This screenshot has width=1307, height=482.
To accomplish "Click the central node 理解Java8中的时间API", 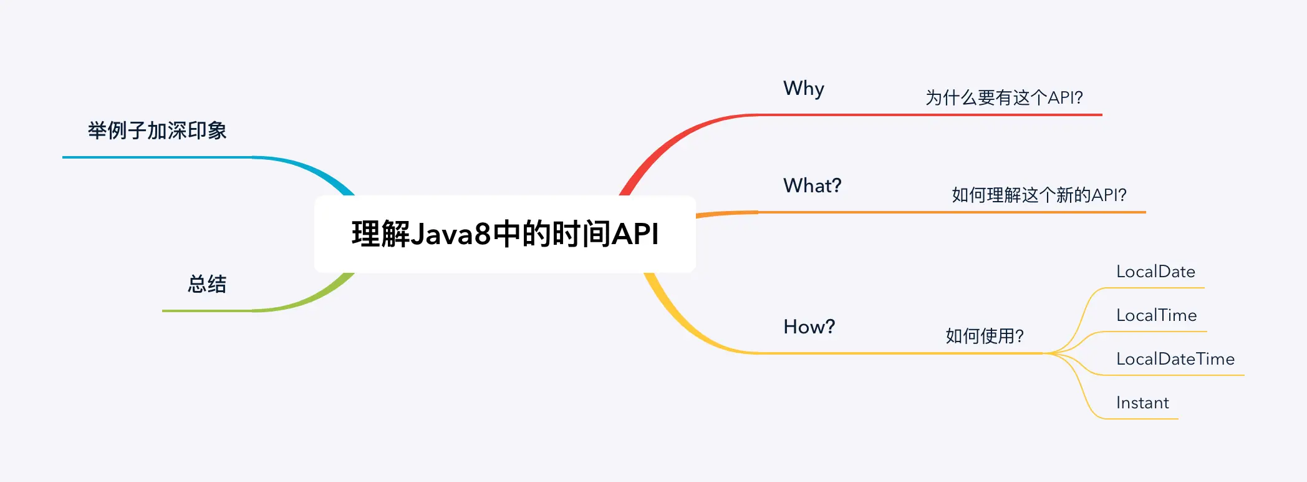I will [505, 234].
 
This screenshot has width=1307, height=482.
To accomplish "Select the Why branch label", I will [804, 89].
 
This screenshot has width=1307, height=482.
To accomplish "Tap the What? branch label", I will [812, 185].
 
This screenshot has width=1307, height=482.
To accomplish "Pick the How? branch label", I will [809, 327].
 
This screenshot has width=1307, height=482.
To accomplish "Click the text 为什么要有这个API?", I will [1004, 97].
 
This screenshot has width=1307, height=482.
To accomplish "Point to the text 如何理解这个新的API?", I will [1039, 195].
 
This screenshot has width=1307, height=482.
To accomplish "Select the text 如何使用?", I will [985, 336].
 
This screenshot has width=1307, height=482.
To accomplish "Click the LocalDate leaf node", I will [1155, 272].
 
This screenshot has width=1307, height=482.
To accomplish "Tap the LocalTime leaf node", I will [1156, 315].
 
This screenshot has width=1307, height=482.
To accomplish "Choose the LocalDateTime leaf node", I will [1175, 359].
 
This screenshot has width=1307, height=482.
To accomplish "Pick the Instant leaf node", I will [1142, 403].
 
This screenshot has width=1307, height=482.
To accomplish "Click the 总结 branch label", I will [207, 284].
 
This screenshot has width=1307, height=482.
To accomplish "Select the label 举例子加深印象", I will [157, 130].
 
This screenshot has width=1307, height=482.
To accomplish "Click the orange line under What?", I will [935, 212].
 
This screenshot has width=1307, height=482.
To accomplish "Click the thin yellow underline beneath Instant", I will [1141, 418].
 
